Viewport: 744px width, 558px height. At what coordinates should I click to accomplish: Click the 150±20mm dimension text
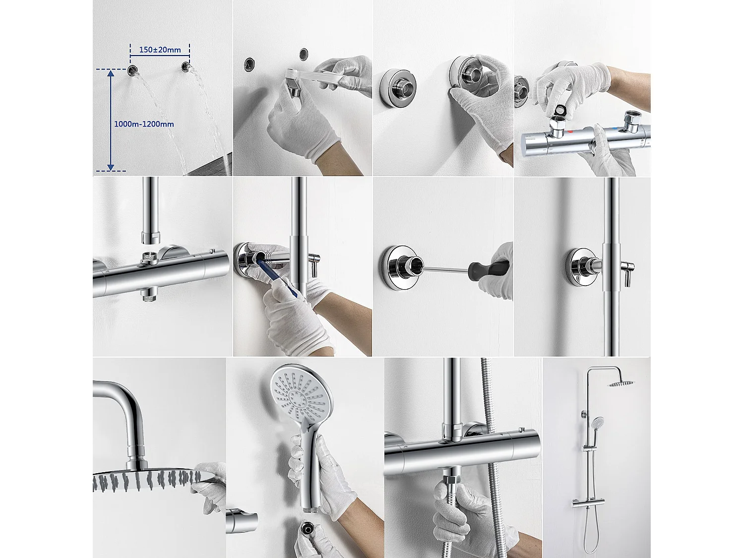coord(160,50)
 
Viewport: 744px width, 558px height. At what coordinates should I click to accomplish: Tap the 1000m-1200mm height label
coord(144,124)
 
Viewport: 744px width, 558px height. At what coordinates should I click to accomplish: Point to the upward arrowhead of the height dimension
coord(111,73)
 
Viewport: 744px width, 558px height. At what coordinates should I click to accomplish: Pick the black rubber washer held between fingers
coord(563,110)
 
